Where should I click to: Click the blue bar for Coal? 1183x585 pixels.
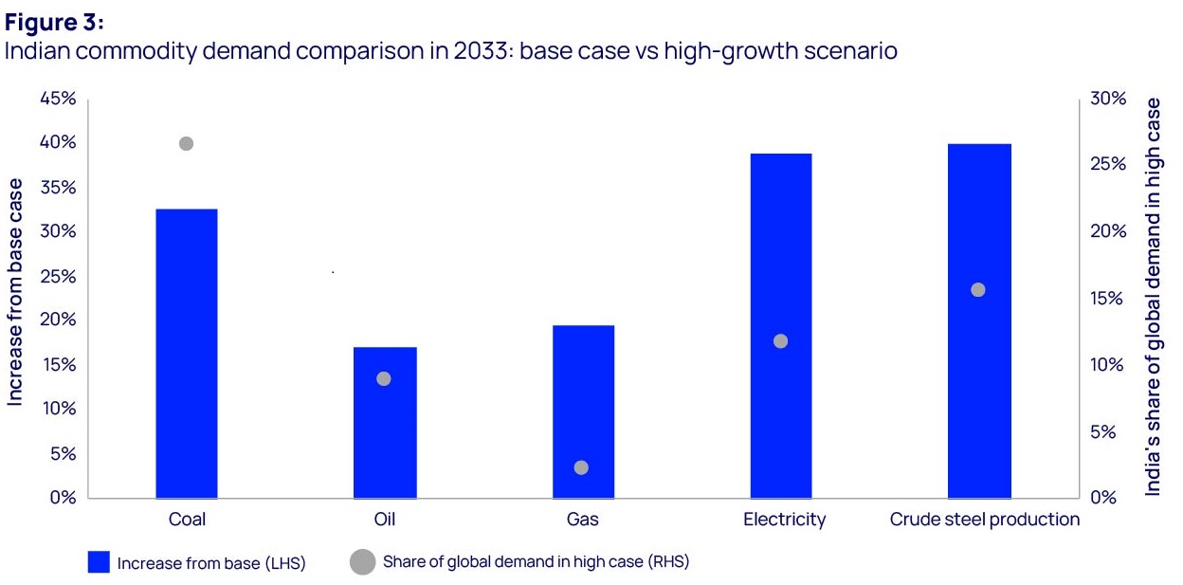click(x=187, y=353)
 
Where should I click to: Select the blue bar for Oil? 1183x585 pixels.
click(x=385, y=422)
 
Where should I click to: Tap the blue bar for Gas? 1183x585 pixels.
click(x=583, y=411)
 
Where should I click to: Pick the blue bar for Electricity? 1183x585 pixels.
click(x=781, y=325)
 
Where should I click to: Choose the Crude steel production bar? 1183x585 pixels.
click(x=979, y=320)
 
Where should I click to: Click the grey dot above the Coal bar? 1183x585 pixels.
click(x=186, y=144)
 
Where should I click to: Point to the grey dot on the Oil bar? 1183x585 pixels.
click(x=384, y=379)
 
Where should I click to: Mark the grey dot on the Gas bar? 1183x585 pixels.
click(x=582, y=467)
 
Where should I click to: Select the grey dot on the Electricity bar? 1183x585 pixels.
click(x=781, y=341)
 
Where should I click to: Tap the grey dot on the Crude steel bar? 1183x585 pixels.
click(x=978, y=290)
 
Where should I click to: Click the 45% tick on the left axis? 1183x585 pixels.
click(x=56, y=99)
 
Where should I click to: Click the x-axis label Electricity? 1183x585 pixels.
click(x=784, y=520)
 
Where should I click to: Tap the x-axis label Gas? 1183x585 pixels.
click(x=582, y=520)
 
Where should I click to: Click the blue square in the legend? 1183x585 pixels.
click(x=100, y=562)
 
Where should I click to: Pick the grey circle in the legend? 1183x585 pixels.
click(x=362, y=562)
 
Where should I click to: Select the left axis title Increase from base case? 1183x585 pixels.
click(x=16, y=294)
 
